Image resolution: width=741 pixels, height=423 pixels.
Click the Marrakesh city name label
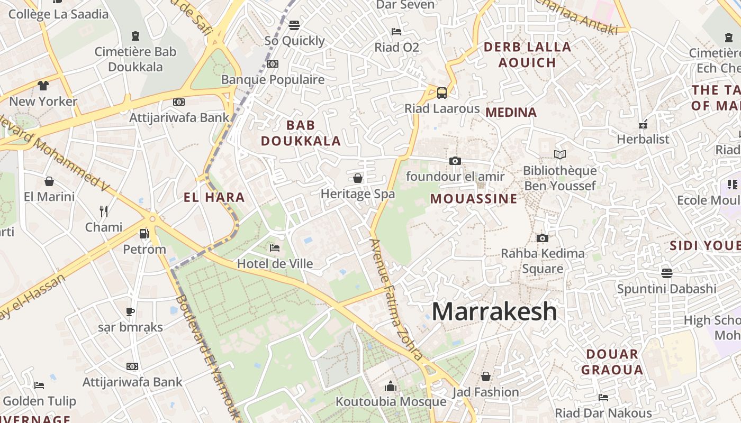coord(494,311)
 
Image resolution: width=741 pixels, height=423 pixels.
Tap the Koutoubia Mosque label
coord(391,402)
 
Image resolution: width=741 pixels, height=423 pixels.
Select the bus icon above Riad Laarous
coord(442,93)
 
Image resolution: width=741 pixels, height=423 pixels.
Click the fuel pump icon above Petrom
coord(144,233)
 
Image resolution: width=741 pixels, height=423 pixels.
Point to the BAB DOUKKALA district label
coord(301,133)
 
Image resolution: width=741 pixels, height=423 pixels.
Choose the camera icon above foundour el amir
coord(455,161)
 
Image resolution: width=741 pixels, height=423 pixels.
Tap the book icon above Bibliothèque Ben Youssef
coord(559,154)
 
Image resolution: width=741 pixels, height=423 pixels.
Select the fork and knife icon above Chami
coord(104,212)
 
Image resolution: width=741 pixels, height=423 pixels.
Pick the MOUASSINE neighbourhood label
coord(473,199)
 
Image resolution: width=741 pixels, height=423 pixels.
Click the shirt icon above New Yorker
coord(43,85)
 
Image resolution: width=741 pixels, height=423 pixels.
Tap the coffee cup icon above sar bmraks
coord(130,311)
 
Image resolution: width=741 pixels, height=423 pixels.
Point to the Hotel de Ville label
coord(275,263)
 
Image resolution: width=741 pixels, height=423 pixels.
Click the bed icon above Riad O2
coord(396,32)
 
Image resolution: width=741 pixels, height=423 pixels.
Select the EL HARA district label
coord(214,198)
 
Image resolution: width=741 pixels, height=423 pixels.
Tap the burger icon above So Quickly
coord(294,25)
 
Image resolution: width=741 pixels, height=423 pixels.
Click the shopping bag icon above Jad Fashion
coord(485,376)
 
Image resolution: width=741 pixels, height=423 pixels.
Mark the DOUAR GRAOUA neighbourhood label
coord(612,362)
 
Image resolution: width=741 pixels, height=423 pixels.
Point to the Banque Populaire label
coord(273,80)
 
